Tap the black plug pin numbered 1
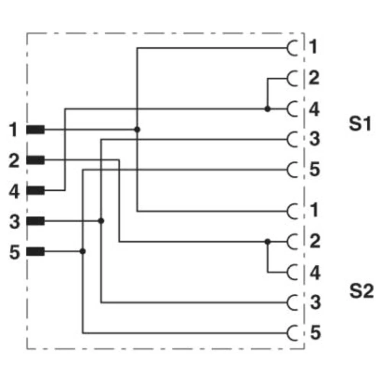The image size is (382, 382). click(x=35, y=130)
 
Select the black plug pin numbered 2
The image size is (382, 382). click(x=35, y=160)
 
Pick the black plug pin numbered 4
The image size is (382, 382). click(x=35, y=190)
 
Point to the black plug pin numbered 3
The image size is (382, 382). click(x=35, y=221)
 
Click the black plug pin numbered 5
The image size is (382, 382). click(x=35, y=251)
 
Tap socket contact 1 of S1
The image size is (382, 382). click(x=292, y=49)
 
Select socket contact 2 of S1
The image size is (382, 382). click(x=292, y=79)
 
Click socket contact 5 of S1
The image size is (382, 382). click(x=292, y=170)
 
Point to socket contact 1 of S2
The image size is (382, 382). click(x=292, y=211)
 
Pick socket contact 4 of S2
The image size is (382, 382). click(x=292, y=272)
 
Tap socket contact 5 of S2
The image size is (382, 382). click(x=292, y=333)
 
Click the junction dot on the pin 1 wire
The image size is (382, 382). click(x=138, y=130)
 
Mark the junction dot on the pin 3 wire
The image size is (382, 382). click(x=101, y=221)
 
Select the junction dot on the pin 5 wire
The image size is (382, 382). click(x=83, y=251)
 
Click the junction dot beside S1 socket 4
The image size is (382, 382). click(x=267, y=109)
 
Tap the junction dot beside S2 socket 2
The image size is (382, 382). click(x=267, y=241)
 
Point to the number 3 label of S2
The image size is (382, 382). click(x=315, y=303)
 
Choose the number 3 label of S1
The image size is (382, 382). click(x=314, y=139)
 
